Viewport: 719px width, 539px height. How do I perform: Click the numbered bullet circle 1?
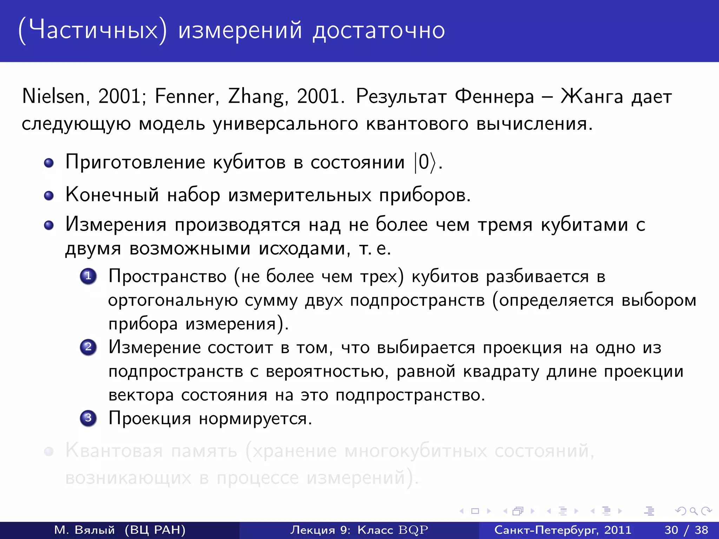(x=88, y=276)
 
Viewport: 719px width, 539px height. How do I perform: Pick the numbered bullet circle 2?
(x=88, y=347)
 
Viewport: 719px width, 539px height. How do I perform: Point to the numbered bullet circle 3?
(x=88, y=418)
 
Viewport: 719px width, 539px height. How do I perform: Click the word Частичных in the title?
(x=93, y=30)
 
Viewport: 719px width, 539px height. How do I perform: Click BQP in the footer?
(x=414, y=530)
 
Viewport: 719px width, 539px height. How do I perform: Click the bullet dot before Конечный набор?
(x=49, y=195)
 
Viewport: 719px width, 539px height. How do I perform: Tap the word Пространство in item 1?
(x=167, y=276)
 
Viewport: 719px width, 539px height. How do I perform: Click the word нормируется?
(x=255, y=418)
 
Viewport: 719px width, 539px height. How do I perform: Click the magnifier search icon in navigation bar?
(x=693, y=511)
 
